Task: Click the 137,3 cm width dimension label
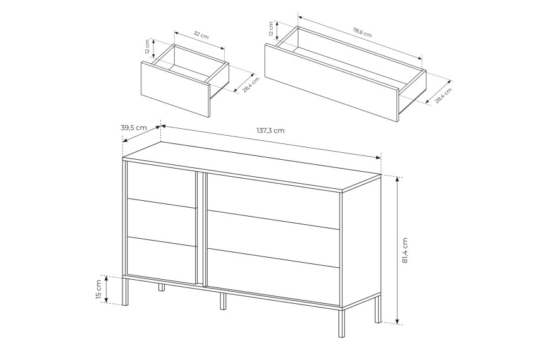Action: [270, 131]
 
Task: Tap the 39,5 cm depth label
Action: [134, 128]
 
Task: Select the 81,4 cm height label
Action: [405, 250]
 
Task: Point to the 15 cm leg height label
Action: [98, 289]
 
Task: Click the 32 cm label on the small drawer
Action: [201, 35]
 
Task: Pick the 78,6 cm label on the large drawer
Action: [362, 33]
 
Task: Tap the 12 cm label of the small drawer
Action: [148, 47]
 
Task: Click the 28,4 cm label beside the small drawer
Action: [251, 85]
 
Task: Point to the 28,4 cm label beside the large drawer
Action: [444, 95]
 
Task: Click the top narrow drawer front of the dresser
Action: [162, 186]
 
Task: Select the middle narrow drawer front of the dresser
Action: [162, 223]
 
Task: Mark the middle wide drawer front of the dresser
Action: [273, 239]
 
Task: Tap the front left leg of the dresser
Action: [125, 291]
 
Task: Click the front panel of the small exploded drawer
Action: [176, 90]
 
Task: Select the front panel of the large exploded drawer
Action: [331, 83]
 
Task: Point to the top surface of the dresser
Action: [252, 166]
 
